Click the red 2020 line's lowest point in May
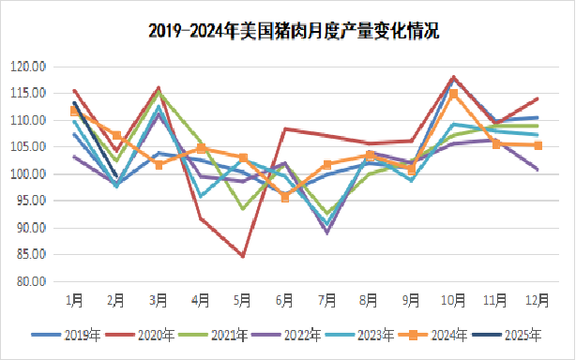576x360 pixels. point(242,256)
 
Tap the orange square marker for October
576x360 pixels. point(453,94)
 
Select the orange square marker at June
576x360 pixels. point(284,197)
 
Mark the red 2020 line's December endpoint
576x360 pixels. point(538,98)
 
